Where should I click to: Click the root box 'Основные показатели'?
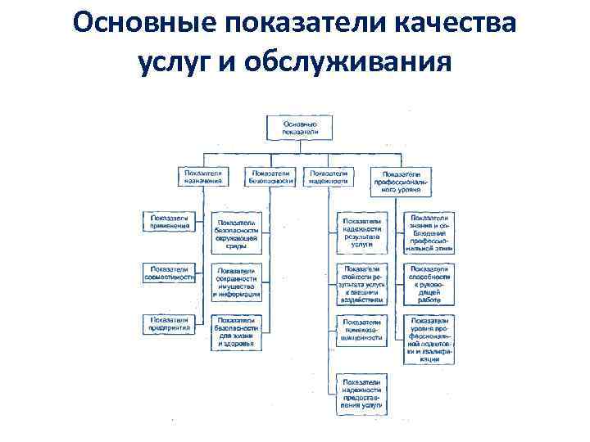point(294,128)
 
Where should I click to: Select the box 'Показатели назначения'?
point(203,178)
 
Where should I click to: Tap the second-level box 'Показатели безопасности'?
point(270,178)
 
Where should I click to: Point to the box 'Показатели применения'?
point(169,222)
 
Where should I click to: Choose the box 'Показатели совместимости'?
point(169,273)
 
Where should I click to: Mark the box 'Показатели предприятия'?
point(169,322)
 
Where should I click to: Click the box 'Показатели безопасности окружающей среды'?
point(237,233)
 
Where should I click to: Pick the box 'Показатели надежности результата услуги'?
point(361,233)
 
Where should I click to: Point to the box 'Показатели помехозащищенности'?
point(361,329)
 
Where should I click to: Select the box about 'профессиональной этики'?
point(429,233)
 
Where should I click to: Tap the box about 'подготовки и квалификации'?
point(429,339)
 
